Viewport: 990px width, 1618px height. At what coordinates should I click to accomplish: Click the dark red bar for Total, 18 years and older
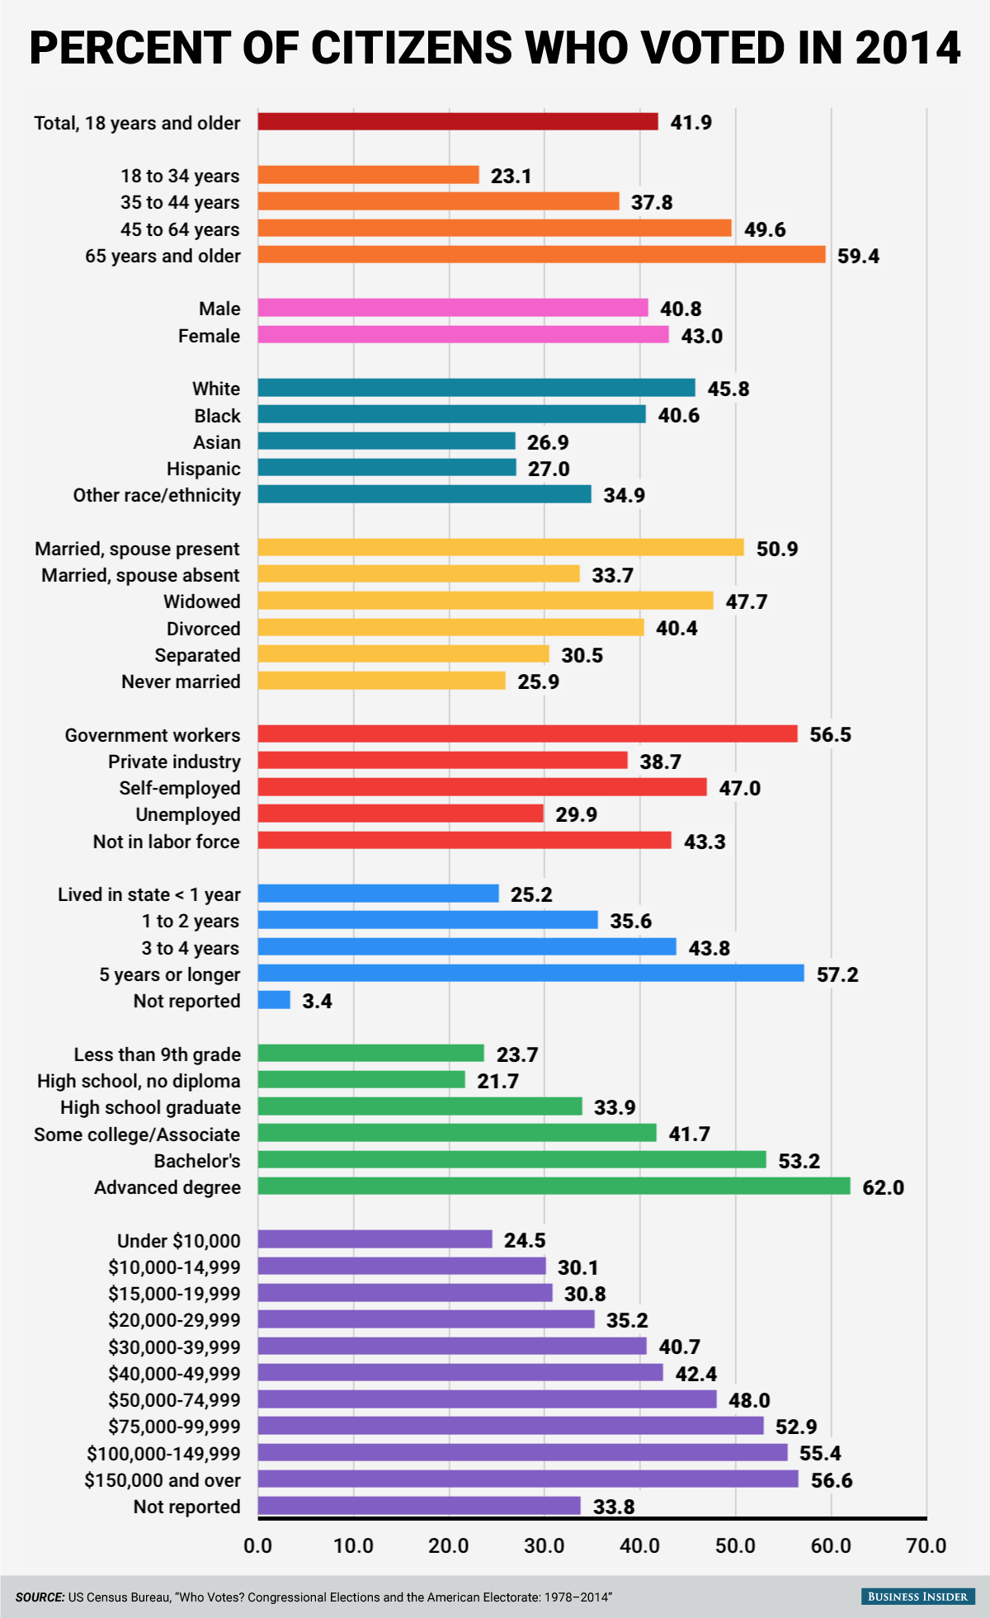pos(458,122)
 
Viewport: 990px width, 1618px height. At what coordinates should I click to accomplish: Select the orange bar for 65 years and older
pos(541,255)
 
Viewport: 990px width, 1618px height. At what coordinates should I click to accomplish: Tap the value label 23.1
pos(511,176)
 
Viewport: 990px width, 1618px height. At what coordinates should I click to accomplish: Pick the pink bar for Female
pos(463,335)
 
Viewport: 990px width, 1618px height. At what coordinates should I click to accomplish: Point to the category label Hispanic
pos(204,469)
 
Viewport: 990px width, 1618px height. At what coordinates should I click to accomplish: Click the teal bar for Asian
pos(386,441)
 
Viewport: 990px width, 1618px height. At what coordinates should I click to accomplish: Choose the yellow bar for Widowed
pos(485,601)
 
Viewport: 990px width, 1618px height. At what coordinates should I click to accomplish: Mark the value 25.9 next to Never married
pos(538,682)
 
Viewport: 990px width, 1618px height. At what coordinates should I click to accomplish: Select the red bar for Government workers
pos(527,734)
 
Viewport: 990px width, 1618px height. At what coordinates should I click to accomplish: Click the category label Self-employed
pos(180,788)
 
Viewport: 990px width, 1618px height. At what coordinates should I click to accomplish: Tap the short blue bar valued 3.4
pos(274,1000)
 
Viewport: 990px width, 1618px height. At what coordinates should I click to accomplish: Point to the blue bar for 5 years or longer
pos(530,974)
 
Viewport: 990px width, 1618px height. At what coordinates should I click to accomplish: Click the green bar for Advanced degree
pos(554,1186)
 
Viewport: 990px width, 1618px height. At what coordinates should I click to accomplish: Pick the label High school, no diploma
pos(139,1081)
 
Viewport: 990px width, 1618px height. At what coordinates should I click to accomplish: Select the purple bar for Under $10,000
pos(375,1239)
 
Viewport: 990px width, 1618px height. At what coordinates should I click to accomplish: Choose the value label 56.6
pos(832,1480)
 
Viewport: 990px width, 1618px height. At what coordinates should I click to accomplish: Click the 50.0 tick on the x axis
pos(735,1545)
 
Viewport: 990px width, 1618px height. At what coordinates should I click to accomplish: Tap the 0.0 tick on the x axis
pos(258,1545)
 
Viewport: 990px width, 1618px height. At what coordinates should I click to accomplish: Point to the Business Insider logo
pos(917,1597)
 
